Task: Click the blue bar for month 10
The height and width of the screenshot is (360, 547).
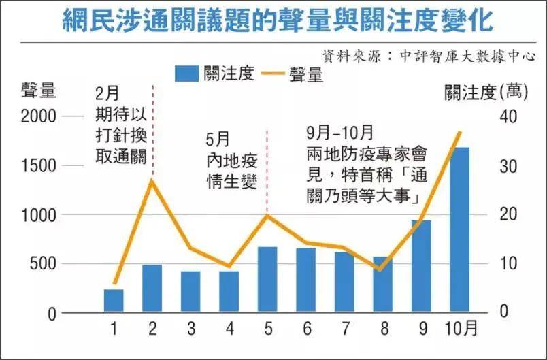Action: point(459,230)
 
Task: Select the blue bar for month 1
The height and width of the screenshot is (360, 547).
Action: point(114,301)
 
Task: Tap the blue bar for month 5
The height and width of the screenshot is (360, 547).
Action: point(267,280)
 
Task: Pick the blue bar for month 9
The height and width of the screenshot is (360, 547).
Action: point(421,266)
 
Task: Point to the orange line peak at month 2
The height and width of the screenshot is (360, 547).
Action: point(152,180)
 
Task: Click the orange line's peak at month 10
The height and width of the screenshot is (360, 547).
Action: point(460,132)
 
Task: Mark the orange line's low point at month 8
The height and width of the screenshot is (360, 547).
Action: point(381,269)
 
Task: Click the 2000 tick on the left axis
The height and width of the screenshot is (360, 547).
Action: point(37,116)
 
